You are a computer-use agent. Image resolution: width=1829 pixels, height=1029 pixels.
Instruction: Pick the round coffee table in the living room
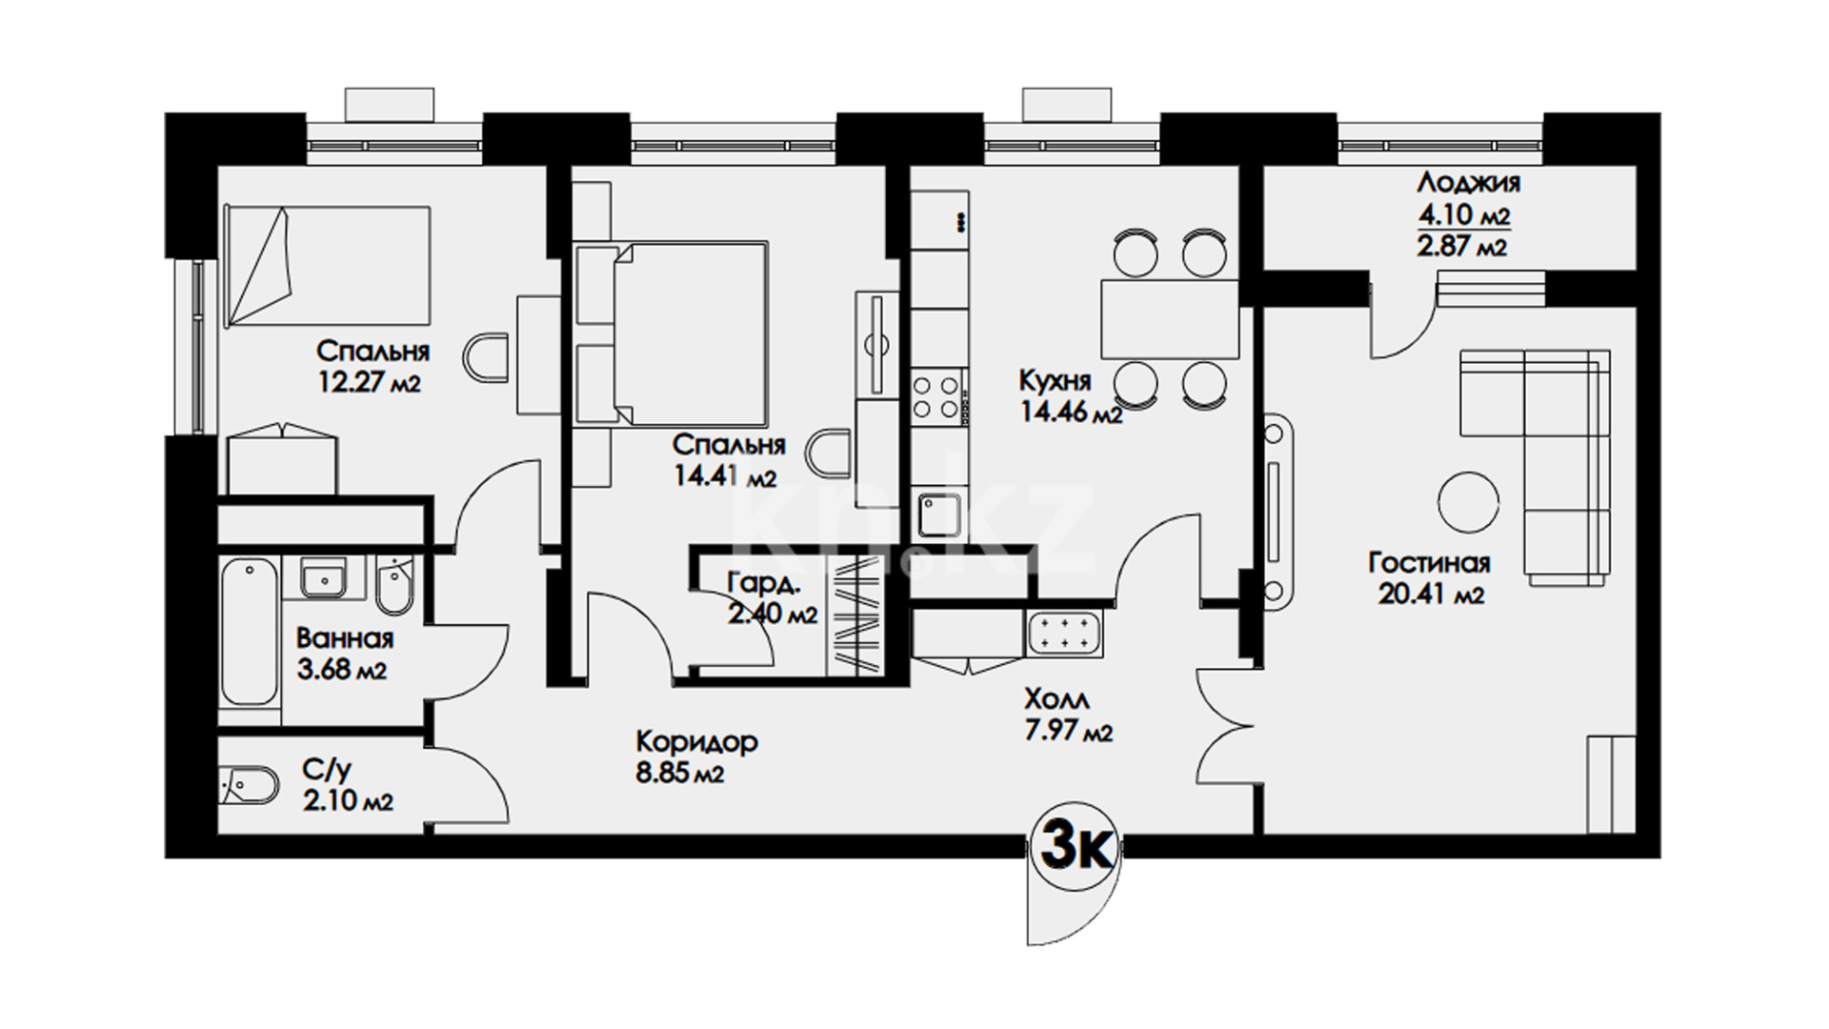click(x=1468, y=503)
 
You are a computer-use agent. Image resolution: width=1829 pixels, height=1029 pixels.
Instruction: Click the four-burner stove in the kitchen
click(x=935, y=396)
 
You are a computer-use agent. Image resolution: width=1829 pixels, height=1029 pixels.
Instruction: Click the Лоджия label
click(x=1468, y=182)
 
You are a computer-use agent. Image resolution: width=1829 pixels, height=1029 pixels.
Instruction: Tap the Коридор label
click(x=696, y=741)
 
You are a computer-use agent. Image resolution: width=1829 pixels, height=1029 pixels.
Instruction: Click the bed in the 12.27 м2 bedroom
click(x=327, y=267)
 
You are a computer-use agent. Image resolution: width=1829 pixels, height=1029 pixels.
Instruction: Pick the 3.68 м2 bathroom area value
click(x=341, y=670)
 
